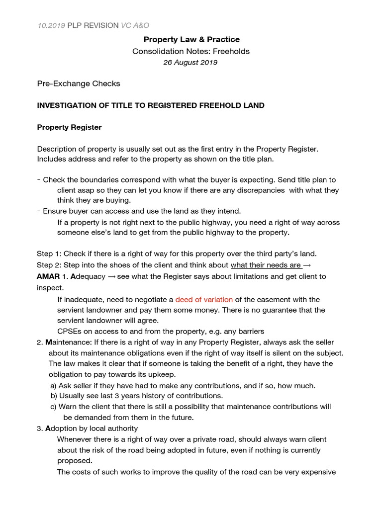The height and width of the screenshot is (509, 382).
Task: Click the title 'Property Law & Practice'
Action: click(191, 39)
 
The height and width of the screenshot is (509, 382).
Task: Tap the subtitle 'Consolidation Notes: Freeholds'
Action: click(191, 51)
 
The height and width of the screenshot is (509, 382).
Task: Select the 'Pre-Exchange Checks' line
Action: click(79, 84)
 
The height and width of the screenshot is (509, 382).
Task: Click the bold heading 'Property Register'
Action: click(69, 127)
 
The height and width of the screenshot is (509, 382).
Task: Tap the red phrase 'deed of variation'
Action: click(204, 300)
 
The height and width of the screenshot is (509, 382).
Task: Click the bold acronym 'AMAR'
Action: click(48, 276)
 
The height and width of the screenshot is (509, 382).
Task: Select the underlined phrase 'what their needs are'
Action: click(266, 265)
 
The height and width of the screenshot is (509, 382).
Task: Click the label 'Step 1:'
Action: click(49, 254)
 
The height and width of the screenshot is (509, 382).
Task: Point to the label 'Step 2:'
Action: click(49, 265)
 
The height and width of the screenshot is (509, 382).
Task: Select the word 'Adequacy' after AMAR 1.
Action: click(89, 276)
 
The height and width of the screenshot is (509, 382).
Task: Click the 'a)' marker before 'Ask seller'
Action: click(53, 385)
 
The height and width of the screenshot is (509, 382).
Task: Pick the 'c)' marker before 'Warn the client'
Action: click(53, 407)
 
